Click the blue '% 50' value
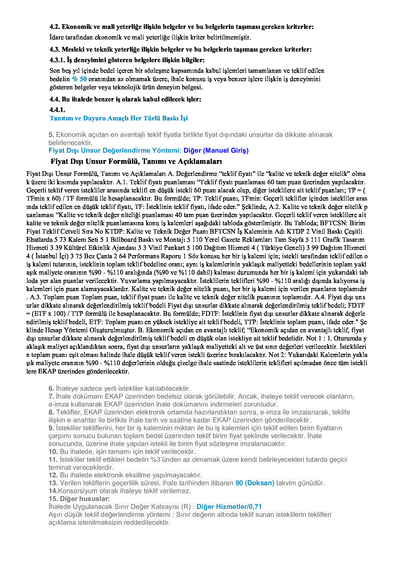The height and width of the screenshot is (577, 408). point(79,79)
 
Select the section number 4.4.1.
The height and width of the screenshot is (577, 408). point(57,110)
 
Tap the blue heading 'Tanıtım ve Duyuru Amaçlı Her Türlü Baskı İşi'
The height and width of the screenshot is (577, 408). point(119,118)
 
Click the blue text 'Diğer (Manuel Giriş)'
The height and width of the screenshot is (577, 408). point(216,150)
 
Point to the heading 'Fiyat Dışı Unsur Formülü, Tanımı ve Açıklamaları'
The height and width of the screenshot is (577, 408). point(136,161)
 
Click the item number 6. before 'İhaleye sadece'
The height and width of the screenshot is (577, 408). point(51,388)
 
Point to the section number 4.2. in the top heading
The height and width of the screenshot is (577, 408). point(55,27)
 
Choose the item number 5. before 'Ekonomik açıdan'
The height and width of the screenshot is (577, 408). point(51,135)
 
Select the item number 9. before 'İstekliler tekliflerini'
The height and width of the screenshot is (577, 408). point(51,428)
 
